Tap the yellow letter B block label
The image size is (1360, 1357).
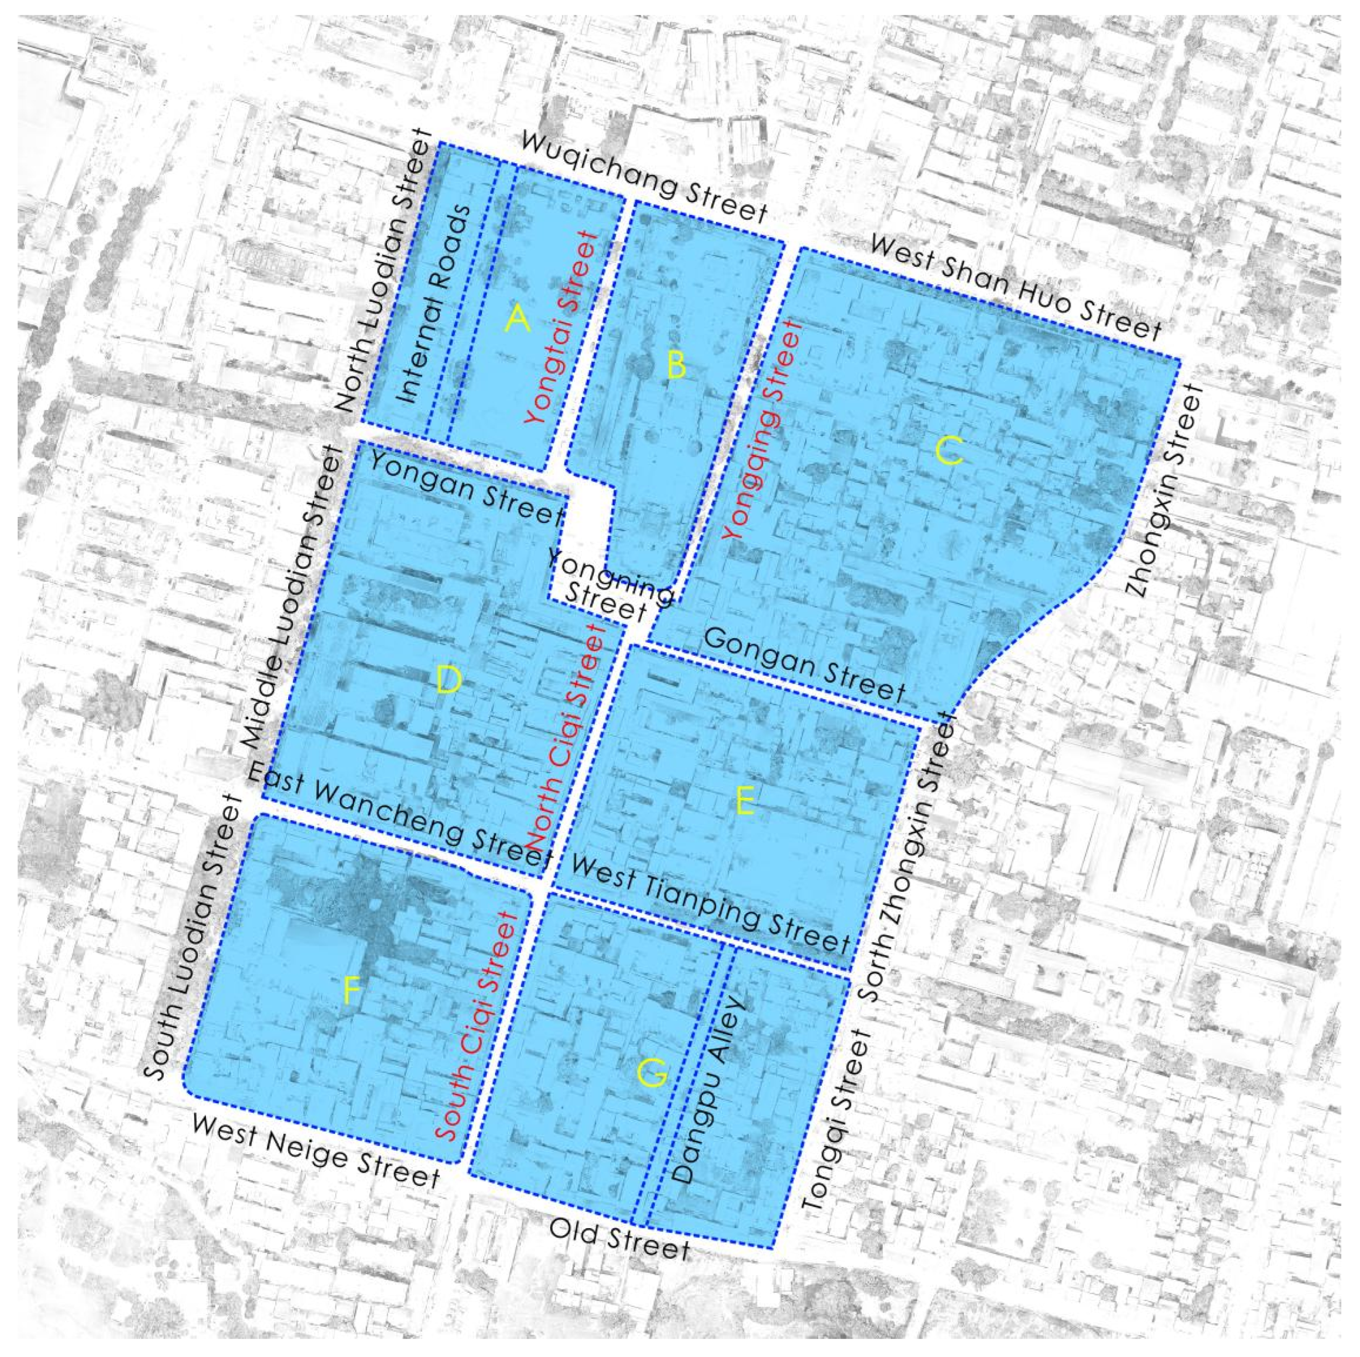(676, 365)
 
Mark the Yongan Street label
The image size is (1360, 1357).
(465, 487)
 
